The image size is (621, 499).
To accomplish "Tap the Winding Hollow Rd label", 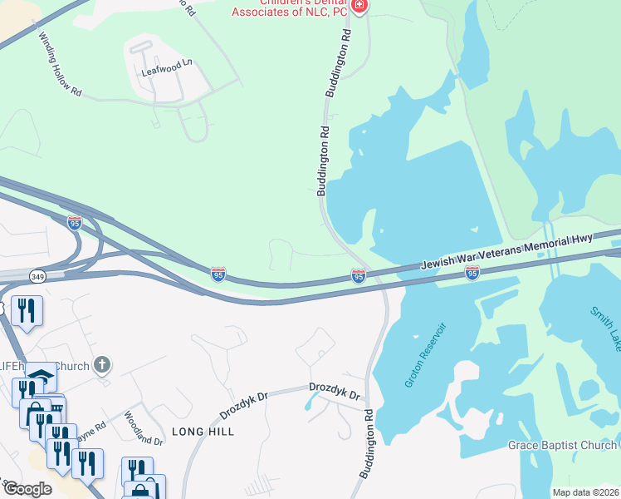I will pyautogui.click(x=61, y=66).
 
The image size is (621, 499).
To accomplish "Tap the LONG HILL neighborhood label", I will pyautogui.click(x=203, y=432).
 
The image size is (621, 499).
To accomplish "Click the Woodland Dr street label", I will pyautogui.click(x=144, y=428).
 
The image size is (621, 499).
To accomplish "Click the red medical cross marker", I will pyautogui.click(x=359, y=7).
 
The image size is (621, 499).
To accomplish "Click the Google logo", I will pyautogui.click(x=27, y=489).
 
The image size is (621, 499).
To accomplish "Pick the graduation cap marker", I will pyautogui.click(x=40, y=378).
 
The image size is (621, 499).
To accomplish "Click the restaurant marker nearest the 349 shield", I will pyautogui.click(x=27, y=312).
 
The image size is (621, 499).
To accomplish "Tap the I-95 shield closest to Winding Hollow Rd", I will pyautogui.click(x=75, y=222).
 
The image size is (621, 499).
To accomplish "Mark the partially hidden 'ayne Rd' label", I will pyautogui.click(x=91, y=429).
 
